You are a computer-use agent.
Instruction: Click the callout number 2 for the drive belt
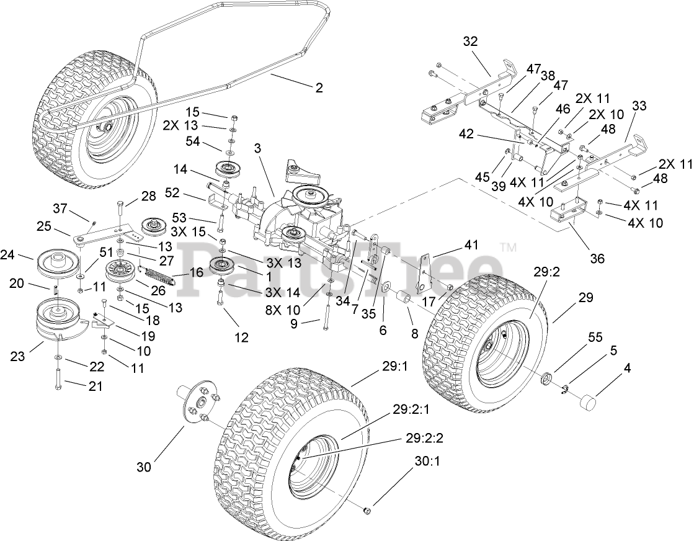319,88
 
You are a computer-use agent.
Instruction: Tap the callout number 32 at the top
471,42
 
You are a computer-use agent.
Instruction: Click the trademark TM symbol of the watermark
512,248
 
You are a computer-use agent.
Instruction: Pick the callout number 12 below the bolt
241,338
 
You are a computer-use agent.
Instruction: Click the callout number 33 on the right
639,106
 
